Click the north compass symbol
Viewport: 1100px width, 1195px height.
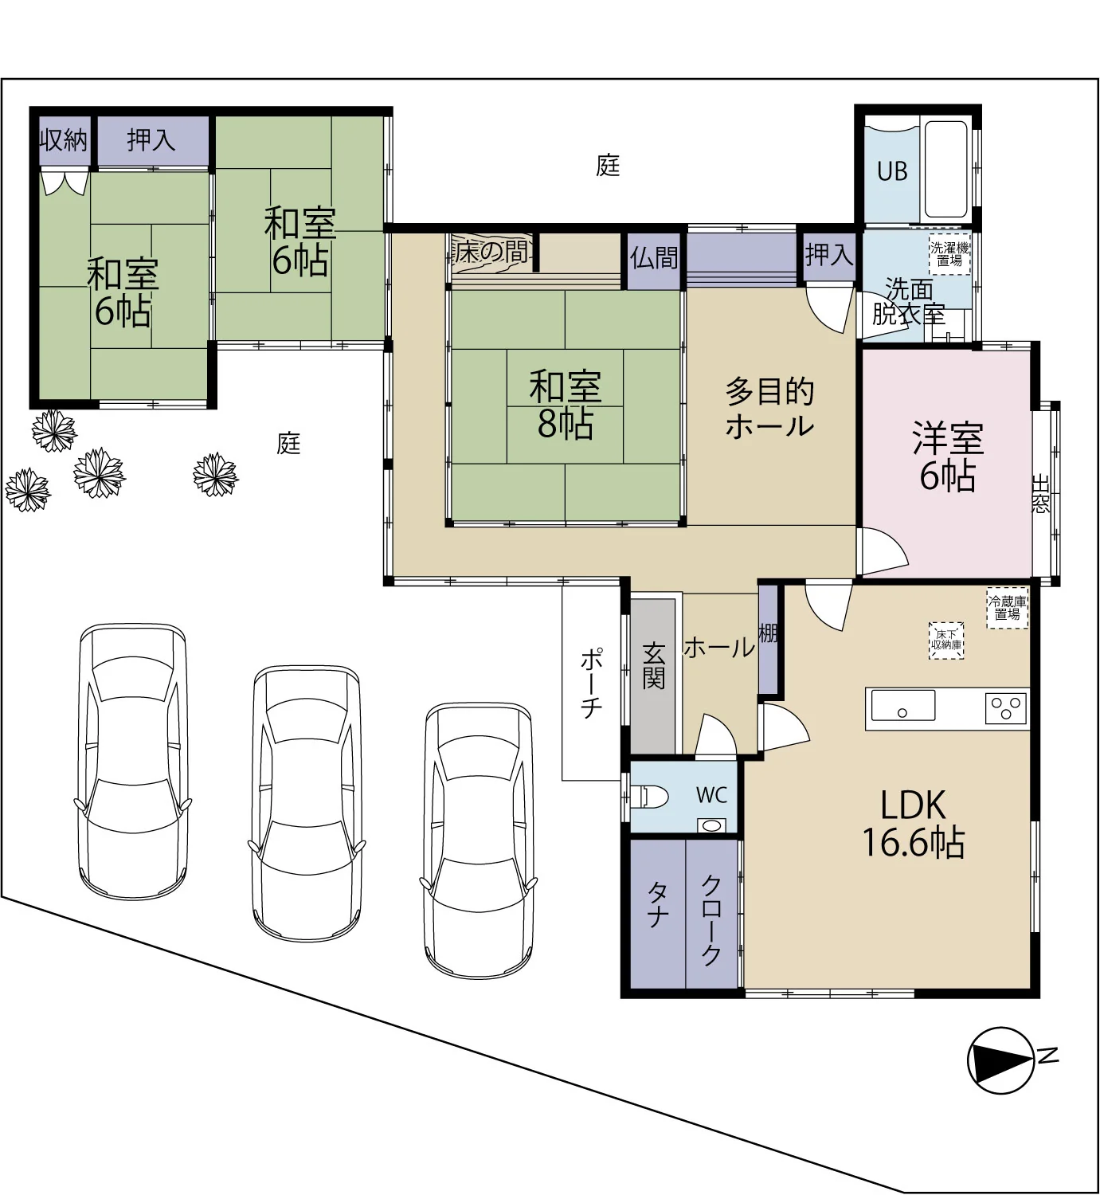coord(1001,1060)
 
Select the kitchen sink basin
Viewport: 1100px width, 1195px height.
coord(902,705)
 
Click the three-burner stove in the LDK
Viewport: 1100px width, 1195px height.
coord(1006,708)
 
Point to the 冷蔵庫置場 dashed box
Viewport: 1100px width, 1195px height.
coord(1007,608)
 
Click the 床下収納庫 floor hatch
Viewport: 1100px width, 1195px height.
coord(946,641)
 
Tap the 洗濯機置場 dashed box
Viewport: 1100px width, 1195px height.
coord(949,254)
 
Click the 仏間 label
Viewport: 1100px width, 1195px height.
coord(654,258)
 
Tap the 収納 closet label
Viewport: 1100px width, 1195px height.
coord(64,140)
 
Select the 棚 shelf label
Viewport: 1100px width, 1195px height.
coord(768,633)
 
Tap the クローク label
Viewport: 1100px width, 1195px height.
coord(711,919)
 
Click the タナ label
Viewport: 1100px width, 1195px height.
coord(657,906)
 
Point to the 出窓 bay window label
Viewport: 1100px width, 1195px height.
coord(1039,494)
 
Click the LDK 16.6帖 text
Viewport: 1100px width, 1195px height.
coord(914,824)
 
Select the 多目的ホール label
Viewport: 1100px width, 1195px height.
coord(769,409)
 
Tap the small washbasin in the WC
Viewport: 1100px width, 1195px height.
coord(710,825)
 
